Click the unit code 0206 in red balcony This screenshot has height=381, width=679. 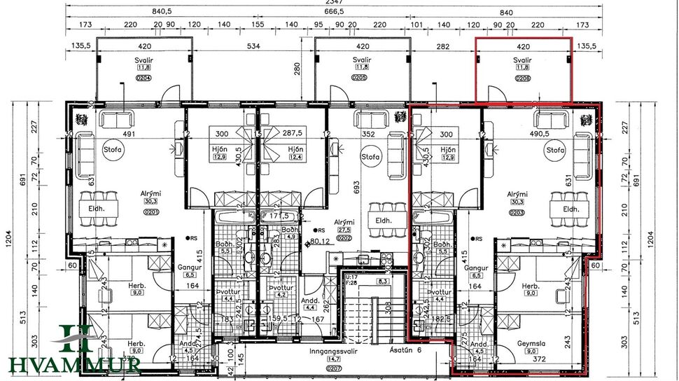pyautogui.click(x=523, y=78)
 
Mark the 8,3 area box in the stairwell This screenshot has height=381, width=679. pyautogui.click(x=382, y=281)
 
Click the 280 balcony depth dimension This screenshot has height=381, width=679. pyautogui.click(x=297, y=69)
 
